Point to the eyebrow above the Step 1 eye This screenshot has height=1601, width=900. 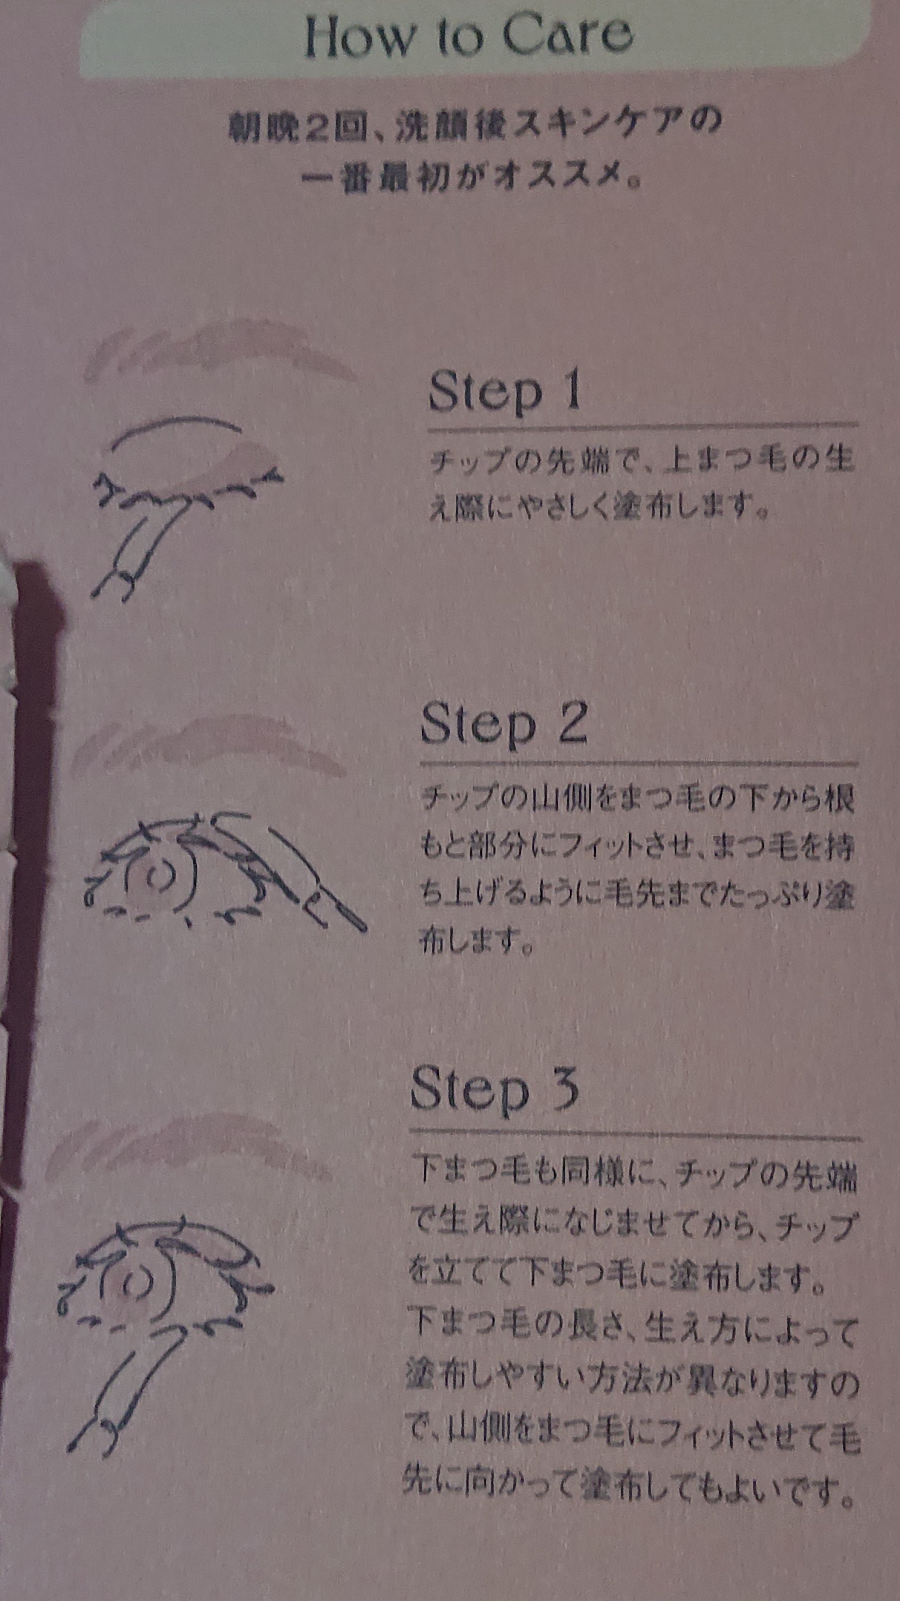click(220, 351)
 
